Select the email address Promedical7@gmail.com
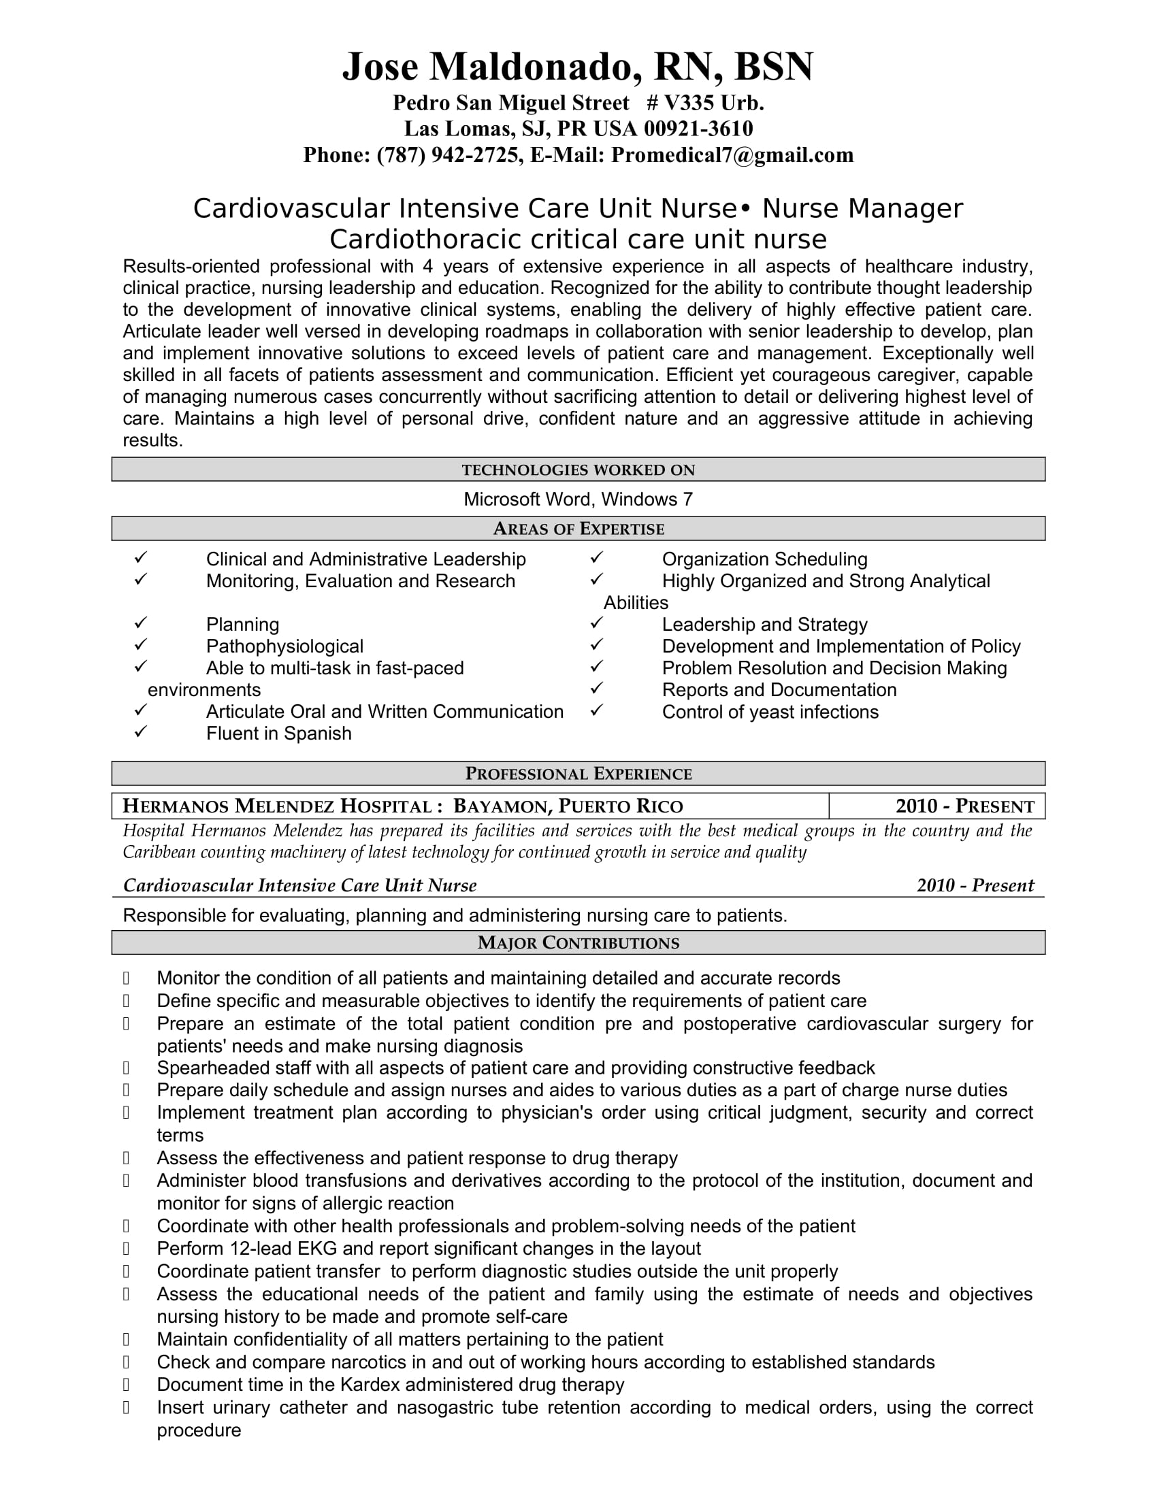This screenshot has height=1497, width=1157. tap(732, 156)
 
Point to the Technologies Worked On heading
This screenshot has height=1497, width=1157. tap(578, 470)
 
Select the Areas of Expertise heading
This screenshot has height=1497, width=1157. tap(578, 529)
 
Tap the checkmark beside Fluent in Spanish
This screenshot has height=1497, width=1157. tap(140, 732)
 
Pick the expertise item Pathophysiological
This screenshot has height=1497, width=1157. tap(284, 646)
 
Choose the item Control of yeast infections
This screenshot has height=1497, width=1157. tap(770, 712)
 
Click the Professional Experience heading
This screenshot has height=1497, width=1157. tap(578, 774)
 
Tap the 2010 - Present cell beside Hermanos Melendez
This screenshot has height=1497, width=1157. tap(964, 806)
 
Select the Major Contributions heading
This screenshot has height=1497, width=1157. tap(578, 943)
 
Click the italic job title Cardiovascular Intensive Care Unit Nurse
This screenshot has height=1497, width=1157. tap(299, 885)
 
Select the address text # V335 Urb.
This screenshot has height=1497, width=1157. tap(705, 103)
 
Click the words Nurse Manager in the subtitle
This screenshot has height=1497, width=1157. tap(862, 208)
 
